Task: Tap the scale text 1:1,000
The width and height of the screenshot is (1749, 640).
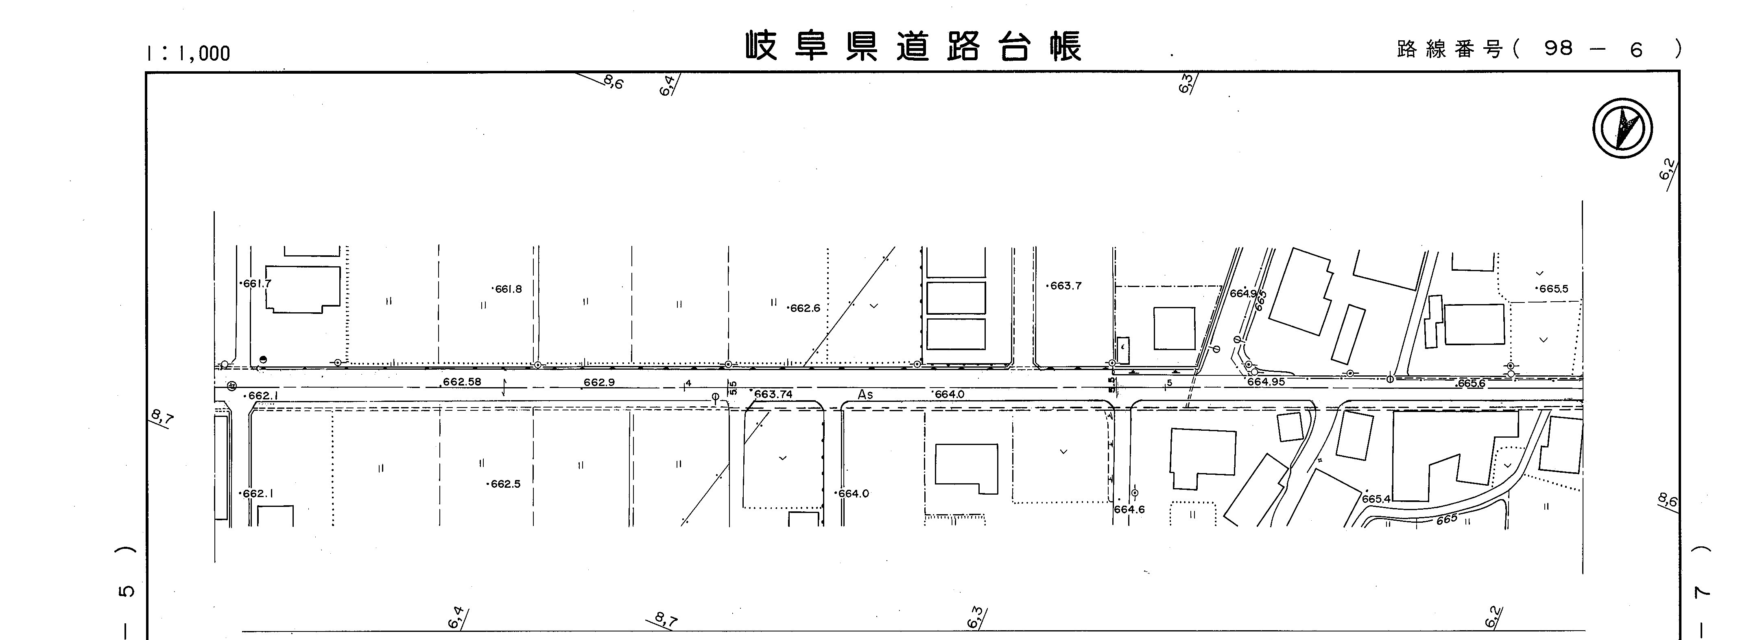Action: click(x=188, y=53)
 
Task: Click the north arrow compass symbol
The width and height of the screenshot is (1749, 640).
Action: click(x=1623, y=128)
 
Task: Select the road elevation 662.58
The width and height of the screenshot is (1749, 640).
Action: click(x=462, y=382)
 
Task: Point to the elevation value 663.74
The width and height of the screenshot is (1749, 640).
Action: click(x=773, y=394)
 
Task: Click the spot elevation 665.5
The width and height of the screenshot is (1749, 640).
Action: click(x=1553, y=289)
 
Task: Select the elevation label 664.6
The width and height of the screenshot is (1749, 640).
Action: click(x=1129, y=509)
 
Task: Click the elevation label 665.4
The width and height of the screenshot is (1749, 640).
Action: click(x=1376, y=499)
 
